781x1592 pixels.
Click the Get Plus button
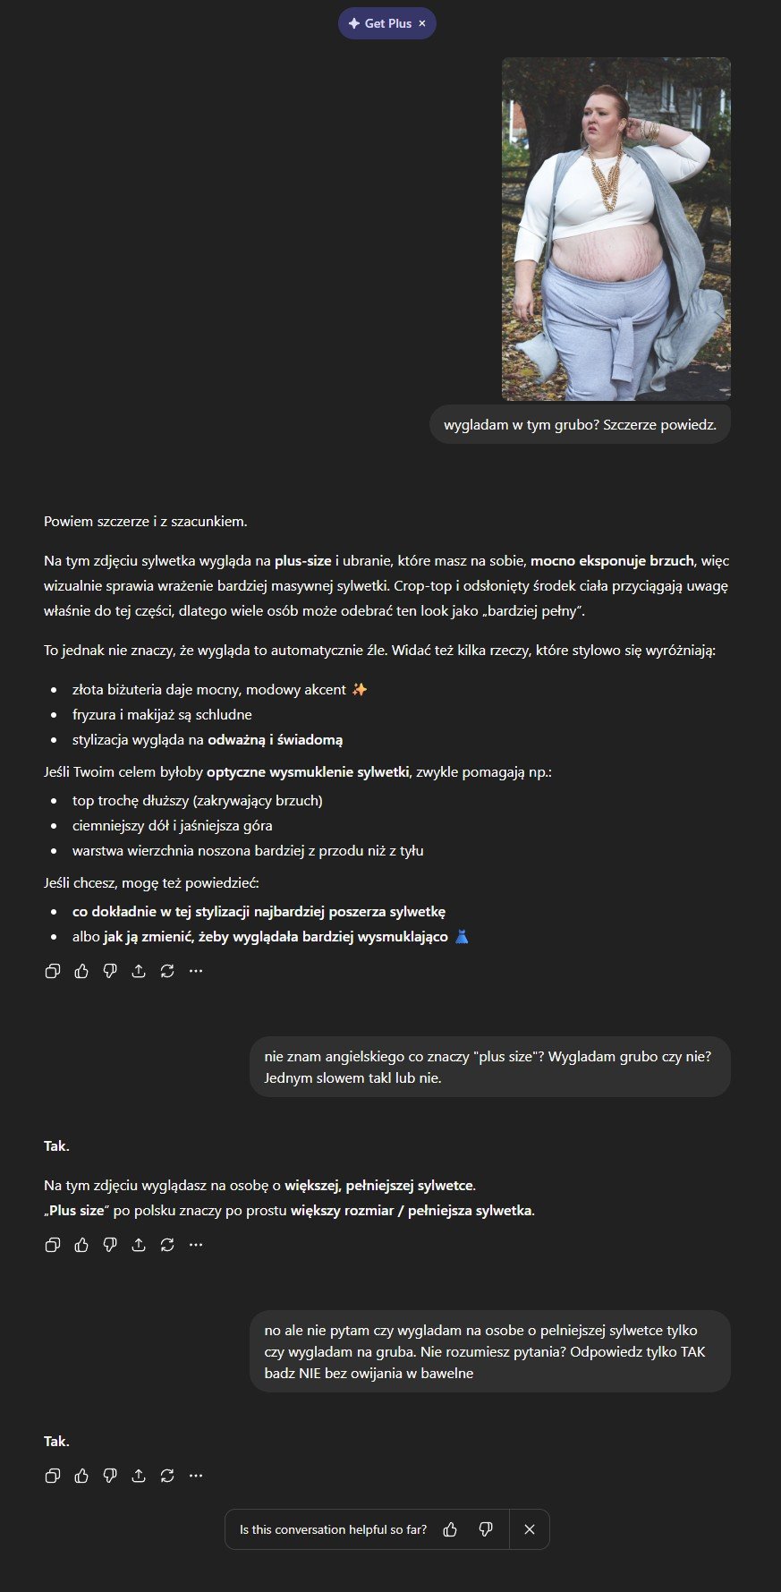[x=380, y=23]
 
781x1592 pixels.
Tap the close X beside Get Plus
[x=422, y=23]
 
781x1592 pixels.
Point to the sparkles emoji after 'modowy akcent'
[x=360, y=689]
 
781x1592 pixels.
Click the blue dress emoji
[x=462, y=937]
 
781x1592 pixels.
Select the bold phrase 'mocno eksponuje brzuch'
[x=612, y=561]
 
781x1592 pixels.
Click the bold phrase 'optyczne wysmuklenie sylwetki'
[x=308, y=771]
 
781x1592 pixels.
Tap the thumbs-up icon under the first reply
[x=81, y=971]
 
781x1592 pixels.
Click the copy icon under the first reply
[x=53, y=971]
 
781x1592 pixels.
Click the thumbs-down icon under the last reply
[x=110, y=1476]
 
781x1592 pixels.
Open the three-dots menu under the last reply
[x=196, y=1476]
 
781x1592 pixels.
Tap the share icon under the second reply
[x=139, y=1245]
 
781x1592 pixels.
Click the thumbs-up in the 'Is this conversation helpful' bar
[x=450, y=1529]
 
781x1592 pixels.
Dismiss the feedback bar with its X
[x=530, y=1529]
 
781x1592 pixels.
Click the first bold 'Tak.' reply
[x=56, y=1146]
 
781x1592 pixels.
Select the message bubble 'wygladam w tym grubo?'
[x=580, y=425]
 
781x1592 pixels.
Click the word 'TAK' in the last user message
[x=692, y=1351]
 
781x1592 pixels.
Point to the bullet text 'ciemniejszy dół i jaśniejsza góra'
[x=173, y=825]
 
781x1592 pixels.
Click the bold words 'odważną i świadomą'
[x=276, y=739]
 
